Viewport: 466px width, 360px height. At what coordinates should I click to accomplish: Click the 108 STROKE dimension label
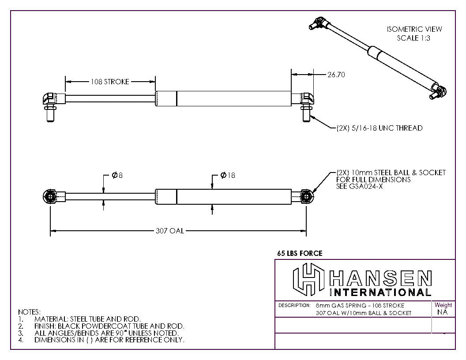coord(110,82)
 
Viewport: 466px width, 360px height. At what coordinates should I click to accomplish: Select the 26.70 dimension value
coord(335,75)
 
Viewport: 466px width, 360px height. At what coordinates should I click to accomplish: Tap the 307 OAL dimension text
coord(170,231)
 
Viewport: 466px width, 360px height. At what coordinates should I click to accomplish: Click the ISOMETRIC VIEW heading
coord(414,29)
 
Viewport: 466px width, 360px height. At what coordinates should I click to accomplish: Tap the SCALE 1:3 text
coord(413,38)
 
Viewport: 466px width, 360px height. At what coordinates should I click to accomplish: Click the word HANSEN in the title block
coord(380,278)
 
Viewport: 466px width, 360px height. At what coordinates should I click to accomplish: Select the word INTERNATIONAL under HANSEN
coord(380,292)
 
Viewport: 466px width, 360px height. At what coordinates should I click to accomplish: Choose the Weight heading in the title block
coord(443,305)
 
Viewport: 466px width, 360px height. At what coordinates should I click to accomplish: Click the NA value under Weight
coord(443,312)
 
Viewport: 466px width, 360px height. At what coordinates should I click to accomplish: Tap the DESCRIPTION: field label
coord(294,305)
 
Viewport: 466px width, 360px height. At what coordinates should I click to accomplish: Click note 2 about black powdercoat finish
coord(109,326)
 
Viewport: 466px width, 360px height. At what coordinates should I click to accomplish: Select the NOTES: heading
coord(29,312)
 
